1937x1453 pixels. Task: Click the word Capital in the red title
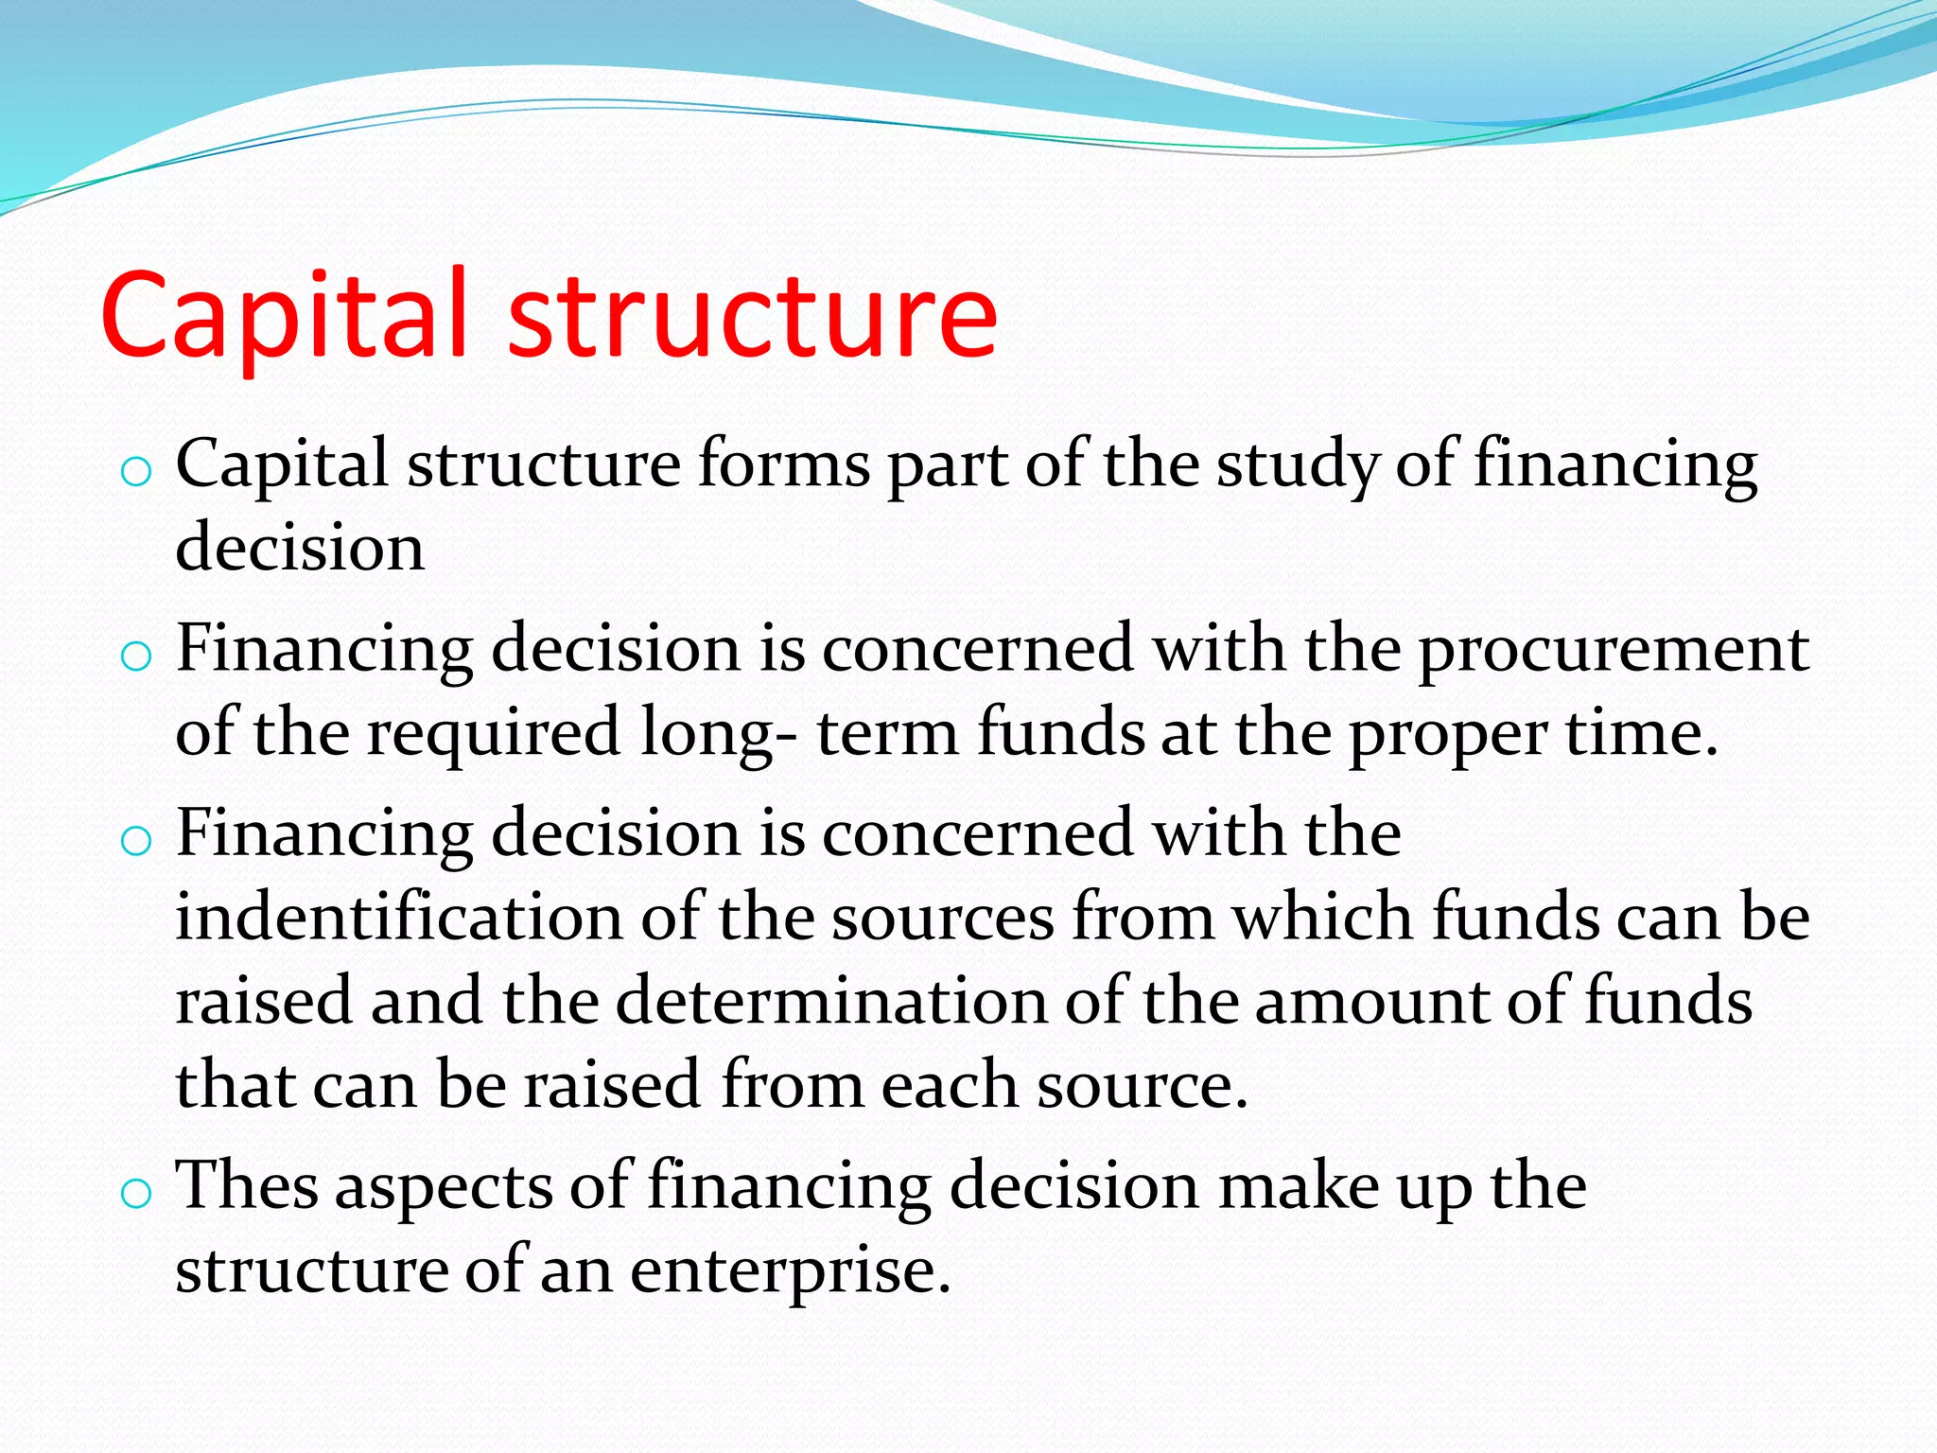click(284, 317)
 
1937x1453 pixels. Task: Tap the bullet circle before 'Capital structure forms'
click(136, 471)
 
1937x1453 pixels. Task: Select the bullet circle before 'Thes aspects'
click(136, 1193)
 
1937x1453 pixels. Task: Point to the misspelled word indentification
click(398, 918)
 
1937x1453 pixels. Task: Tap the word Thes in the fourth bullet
click(247, 1185)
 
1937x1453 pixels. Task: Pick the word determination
click(831, 1001)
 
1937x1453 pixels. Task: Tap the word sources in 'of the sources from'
click(942, 919)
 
